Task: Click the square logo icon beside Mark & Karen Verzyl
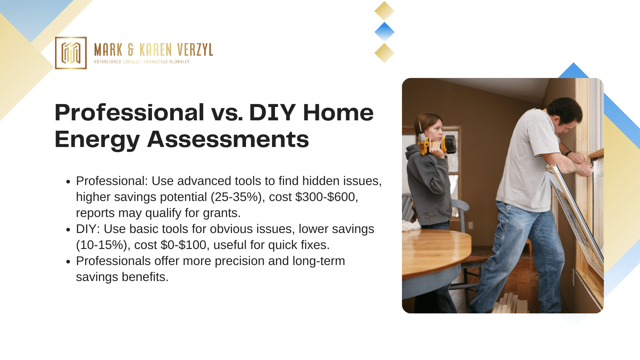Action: pyautogui.click(x=71, y=53)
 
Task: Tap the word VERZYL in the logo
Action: pyautogui.click(x=195, y=50)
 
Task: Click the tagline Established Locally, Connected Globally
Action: pyautogui.click(x=142, y=62)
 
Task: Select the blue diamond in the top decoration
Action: pyautogui.click(x=384, y=32)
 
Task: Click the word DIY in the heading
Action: pyautogui.click(x=272, y=112)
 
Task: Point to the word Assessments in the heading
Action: pyautogui.click(x=228, y=139)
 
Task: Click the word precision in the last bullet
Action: pyautogui.click(x=240, y=261)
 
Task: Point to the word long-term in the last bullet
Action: pyautogui.click(x=319, y=261)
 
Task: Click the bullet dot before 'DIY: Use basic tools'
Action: pyautogui.click(x=68, y=230)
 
